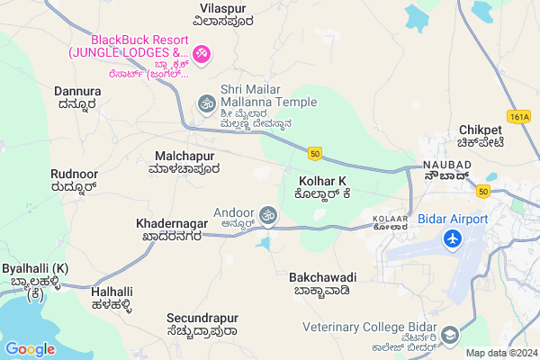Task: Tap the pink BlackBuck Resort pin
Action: [202, 54]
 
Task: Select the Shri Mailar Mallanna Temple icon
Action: [206, 104]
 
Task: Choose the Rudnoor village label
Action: [74, 174]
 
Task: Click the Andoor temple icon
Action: [267, 214]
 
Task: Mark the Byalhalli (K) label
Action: [35, 269]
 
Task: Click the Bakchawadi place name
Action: [324, 276]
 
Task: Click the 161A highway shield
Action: [519, 116]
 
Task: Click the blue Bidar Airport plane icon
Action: [452, 240]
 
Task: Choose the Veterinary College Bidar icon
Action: [452, 336]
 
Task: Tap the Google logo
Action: [31, 348]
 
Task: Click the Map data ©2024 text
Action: [500, 353]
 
